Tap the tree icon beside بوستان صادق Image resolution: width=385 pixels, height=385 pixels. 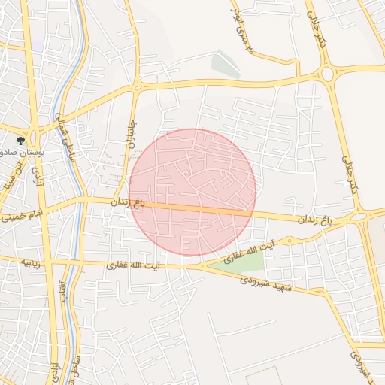[x=21, y=140]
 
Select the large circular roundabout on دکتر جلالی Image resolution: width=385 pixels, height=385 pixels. [x=328, y=74]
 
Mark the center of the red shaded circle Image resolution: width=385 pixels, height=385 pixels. [x=192, y=192]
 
